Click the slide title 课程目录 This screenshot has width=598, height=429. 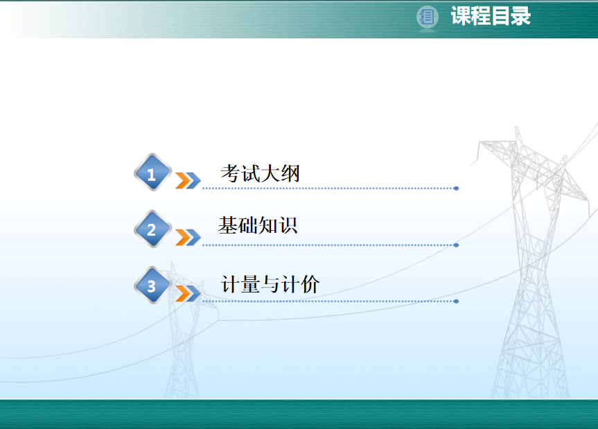[491, 16]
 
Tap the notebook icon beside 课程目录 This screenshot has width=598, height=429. [427, 17]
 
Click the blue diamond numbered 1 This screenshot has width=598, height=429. [152, 173]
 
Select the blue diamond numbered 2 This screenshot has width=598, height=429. [152, 229]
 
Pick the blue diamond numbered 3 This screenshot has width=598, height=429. [152, 286]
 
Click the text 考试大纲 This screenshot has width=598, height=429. [260, 173]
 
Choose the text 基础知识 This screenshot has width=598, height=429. [258, 225]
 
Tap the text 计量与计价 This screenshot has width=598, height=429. [270, 284]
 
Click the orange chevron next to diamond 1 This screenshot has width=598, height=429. [183, 181]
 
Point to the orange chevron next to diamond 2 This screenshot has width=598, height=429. [183, 238]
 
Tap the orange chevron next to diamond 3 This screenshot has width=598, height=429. [183, 294]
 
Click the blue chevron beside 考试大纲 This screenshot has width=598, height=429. [193, 181]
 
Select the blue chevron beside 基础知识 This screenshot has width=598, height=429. [193, 238]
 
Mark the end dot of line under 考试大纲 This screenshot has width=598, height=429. [456, 189]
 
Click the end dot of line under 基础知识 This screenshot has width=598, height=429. [456, 245]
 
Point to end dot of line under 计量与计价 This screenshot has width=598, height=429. [456, 301]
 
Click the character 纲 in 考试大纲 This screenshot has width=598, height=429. [290, 173]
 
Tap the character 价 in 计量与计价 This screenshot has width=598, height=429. [310, 284]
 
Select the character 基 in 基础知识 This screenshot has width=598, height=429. [228, 225]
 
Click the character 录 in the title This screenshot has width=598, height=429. [521, 16]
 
